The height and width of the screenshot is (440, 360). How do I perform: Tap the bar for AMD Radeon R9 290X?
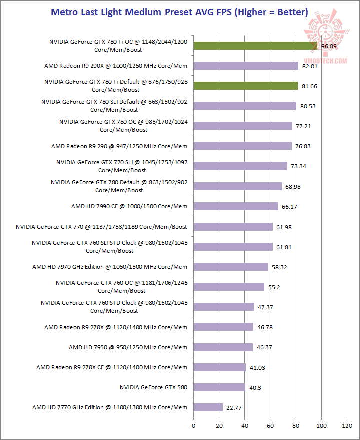click(246, 66)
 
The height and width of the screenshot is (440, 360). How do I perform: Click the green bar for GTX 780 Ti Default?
click(245, 86)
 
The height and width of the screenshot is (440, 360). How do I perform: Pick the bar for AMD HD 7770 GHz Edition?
click(208, 407)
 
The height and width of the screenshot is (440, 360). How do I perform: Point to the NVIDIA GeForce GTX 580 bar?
click(219, 387)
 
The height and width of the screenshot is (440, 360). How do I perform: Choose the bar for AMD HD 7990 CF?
click(236, 206)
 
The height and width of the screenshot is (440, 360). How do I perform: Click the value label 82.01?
click(309, 66)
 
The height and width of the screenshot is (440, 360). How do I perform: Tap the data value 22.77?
click(234, 407)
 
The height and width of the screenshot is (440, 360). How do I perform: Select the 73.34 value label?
click(298, 166)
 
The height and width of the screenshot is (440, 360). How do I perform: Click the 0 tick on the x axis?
click(194, 426)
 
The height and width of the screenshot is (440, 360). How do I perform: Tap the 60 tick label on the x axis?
click(270, 426)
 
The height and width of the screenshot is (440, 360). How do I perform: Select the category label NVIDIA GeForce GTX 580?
click(153, 387)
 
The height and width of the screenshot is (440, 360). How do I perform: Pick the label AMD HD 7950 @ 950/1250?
click(128, 347)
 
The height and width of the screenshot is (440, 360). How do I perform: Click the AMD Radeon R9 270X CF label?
click(112, 367)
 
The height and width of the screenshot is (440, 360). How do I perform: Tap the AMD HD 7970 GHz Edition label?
click(110, 267)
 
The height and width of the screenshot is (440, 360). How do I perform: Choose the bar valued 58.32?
click(231, 267)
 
